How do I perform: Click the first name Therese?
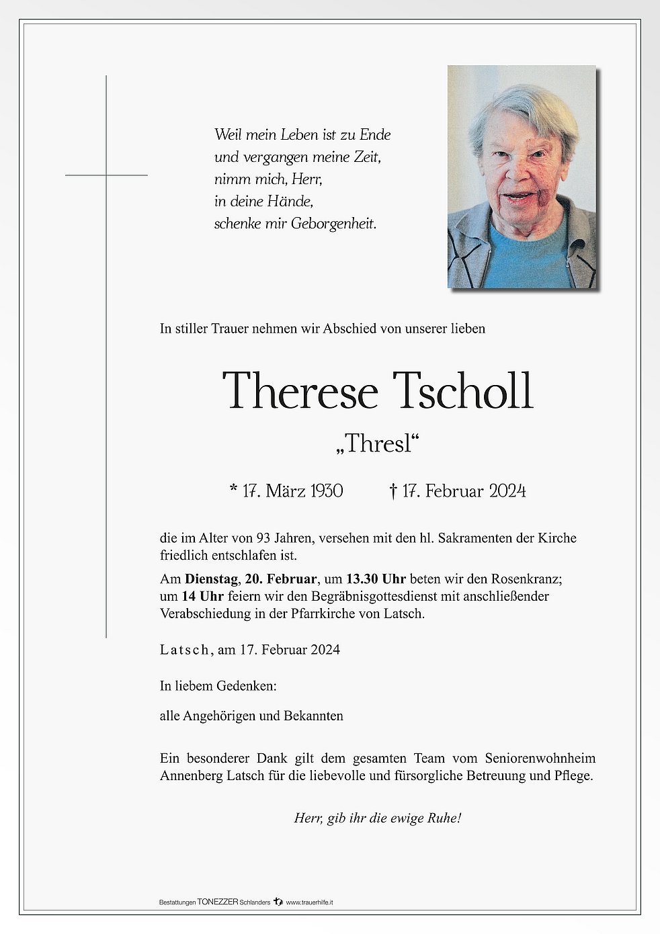300,390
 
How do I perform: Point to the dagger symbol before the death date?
393,491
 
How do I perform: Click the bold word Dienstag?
211,579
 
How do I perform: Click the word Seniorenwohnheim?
540,759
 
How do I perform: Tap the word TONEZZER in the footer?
218,902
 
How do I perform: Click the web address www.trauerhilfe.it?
309,902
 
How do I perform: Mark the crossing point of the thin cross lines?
106,175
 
